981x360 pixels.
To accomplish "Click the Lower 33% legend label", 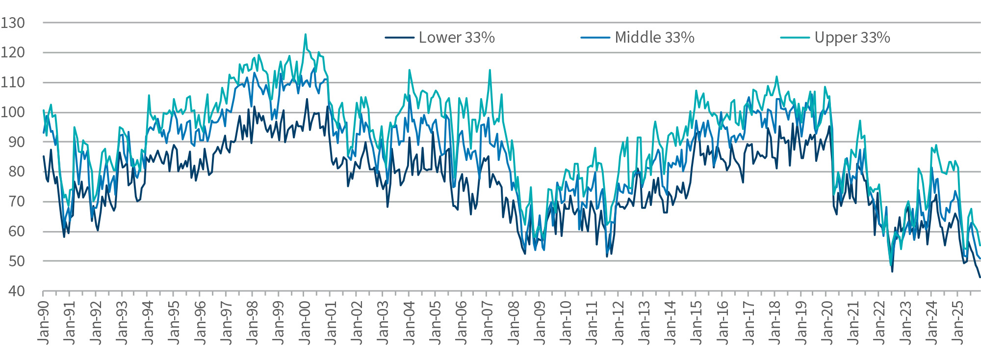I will point(456,38).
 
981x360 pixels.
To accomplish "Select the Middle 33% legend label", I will point(654,38).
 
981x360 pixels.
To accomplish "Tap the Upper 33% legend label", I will point(852,38).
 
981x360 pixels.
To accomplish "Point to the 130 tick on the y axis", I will point(13,23).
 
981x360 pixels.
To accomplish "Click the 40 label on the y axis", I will point(16,291).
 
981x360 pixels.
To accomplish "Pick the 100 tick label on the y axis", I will point(13,112).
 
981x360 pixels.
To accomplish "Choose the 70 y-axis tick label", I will point(16,202).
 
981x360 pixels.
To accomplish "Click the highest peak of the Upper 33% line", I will point(306,34).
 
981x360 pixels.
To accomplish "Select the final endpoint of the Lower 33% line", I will point(980,278).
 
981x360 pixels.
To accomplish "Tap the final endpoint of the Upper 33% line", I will point(980,245).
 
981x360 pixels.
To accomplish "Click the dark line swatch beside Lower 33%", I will point(399,38).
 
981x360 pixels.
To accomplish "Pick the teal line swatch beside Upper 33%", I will point(795,38).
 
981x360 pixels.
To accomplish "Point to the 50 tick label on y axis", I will point(16,261).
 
